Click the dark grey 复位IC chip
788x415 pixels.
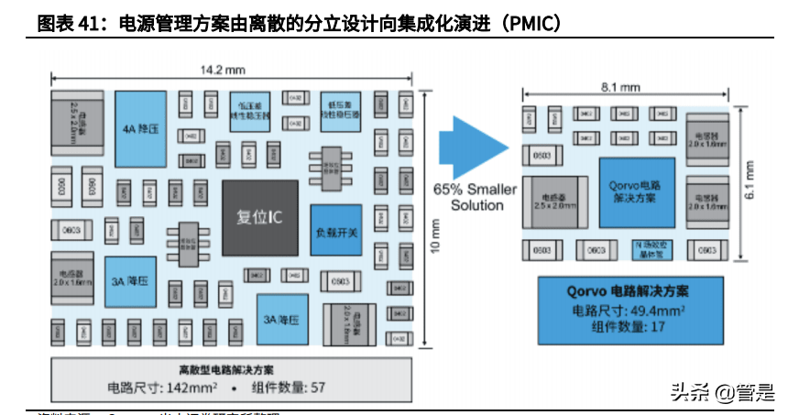pyautogui.click(x=258, y=218)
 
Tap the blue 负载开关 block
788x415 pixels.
pyautogui.click(x=335, y=231)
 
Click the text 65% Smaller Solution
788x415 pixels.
pyautogui.click(x=475, y=197)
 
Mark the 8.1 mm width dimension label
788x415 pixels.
pyautogui.click(x=620, y=87)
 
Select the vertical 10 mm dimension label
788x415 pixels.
pyautogui.click(x=435, y=238)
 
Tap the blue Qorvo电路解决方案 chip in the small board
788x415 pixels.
pyautogui.click(x=636, y=192)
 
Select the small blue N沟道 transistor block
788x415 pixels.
pyautogui.click(x=654, y=249)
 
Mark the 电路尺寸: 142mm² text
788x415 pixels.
pyautogui.click(x=156, y=386)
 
